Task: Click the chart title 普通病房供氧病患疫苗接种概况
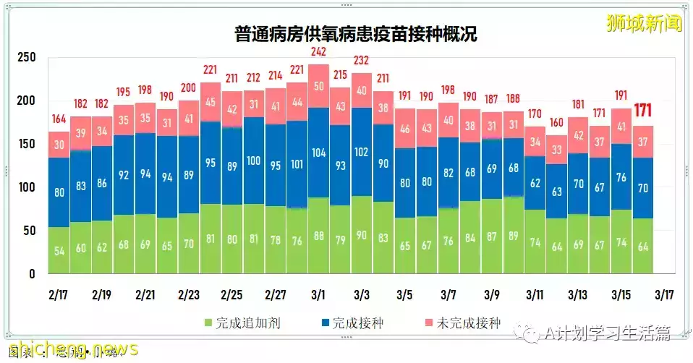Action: click(355, 34)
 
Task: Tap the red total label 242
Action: click(318, 51)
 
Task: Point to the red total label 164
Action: click(59, 120)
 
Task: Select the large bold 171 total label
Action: click(645, 111)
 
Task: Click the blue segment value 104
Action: click(318, 153)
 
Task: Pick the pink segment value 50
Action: click(318, 86)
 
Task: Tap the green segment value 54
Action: click(59, 250)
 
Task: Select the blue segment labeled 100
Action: click(253, 161)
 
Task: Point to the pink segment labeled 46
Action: click(405, 129)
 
